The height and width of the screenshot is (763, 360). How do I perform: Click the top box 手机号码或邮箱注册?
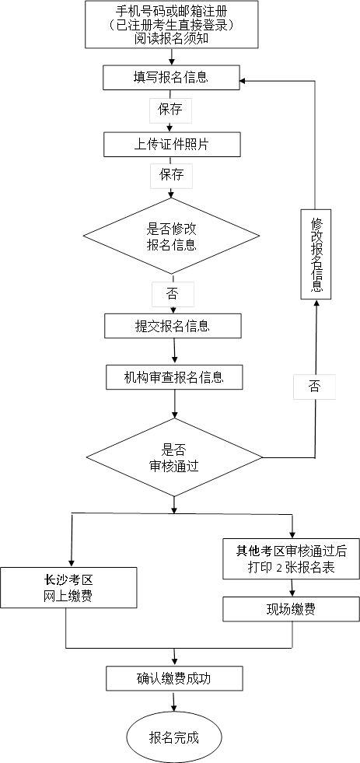(x=172, y=25)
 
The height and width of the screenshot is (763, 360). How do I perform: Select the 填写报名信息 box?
(x=172, y=76)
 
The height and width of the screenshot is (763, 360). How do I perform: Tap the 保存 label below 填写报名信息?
(x=170, y=110)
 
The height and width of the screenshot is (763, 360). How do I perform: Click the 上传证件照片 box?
(x=172, y=144)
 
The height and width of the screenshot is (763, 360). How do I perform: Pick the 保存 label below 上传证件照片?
(x=172, y=175)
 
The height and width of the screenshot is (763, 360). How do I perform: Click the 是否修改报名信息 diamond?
(x=171, y=236)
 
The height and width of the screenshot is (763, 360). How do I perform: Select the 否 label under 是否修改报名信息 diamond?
(x=173, y=294)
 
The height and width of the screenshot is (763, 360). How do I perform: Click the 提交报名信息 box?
(x=173, y=326)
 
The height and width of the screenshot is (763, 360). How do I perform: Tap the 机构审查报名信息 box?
(x=174, y=377)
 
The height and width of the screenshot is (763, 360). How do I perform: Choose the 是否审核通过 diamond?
(x=174, y=458)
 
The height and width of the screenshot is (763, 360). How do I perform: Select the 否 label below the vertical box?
(x=314, y=387)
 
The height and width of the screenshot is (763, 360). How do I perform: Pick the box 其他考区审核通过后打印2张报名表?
(x=292, y=558)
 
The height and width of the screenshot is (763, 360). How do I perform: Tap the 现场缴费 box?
(x=292, y=609)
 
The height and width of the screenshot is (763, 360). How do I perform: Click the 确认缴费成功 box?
(x=174, y=678)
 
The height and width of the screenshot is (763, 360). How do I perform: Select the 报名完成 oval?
(x=174, y=737)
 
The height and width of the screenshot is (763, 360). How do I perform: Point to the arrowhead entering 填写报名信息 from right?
(x=243, y=80)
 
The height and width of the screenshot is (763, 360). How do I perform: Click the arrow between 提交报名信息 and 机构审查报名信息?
(x=173, y=351)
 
